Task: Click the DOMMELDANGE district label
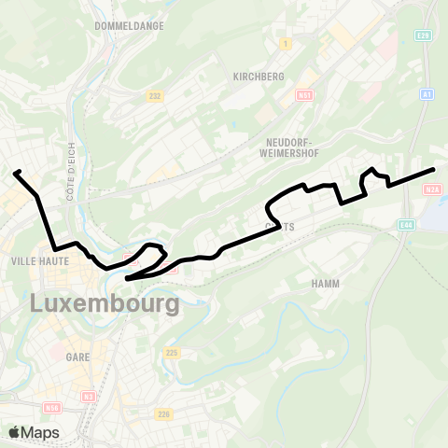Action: (x=130, y=26)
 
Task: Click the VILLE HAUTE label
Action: (x=35, y=261)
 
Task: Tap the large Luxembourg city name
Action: (x=105, y=303)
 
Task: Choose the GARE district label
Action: (x=77, y=356)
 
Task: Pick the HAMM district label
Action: (x=327, y=283)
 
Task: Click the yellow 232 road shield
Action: (x=155, y=95)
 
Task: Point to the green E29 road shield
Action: (x=425, y=35)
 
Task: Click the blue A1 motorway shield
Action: (x=426, y=93)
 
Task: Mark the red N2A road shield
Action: (x=431, y=189)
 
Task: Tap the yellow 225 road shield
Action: (x=171, y=352)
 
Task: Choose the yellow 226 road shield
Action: (x=164, y=413)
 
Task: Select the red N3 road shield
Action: (x=90, y=396)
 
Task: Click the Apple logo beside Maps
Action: (x=15, y=432)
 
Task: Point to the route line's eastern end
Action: (x=434, y=169)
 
